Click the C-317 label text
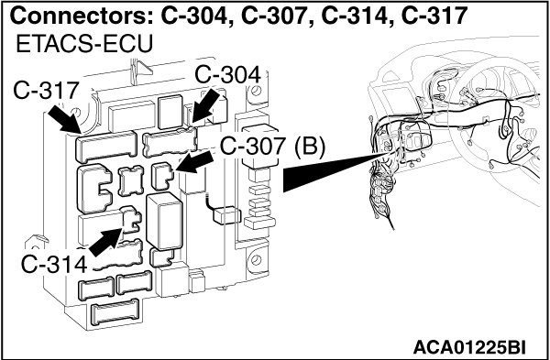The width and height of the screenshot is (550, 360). click(45, 91)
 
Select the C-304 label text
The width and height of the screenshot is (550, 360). click(228, 75)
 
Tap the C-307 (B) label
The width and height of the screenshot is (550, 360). click(272, 146)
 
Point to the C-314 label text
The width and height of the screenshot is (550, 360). click(54, 264)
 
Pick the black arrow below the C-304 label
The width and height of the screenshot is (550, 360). click(205, 107)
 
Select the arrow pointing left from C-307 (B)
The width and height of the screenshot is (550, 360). click(194, 162)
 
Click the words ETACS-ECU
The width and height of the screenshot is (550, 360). click(84, 45)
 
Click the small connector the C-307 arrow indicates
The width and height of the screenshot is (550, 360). click(162, 176)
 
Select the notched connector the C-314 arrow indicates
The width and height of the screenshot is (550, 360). click(130, 220)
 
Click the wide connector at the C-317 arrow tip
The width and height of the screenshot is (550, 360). click(106, 147)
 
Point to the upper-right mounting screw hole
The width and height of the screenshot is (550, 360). click(256, 91)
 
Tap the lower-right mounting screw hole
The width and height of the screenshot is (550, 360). click(256, 260)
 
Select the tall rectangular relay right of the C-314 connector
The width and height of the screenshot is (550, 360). click(164, 221)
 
